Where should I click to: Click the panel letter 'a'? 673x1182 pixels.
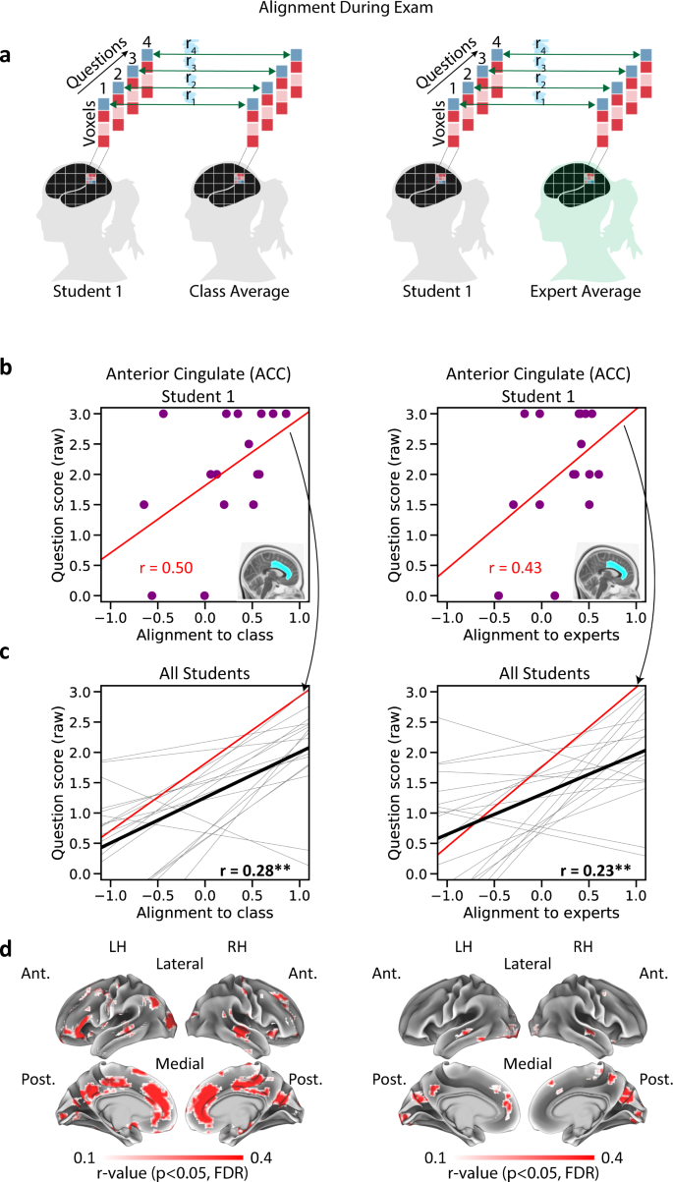pyautogui.click(x=7, y=56)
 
